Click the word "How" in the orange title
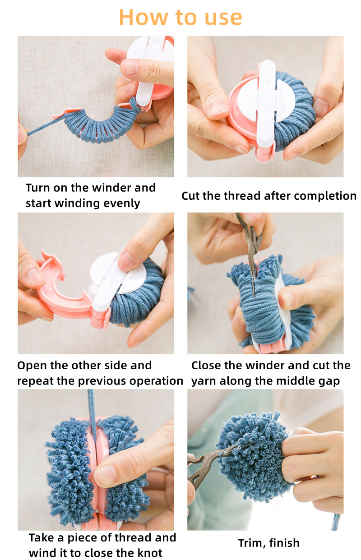click(x=144, y=18)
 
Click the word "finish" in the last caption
click(x=284, y=543)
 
